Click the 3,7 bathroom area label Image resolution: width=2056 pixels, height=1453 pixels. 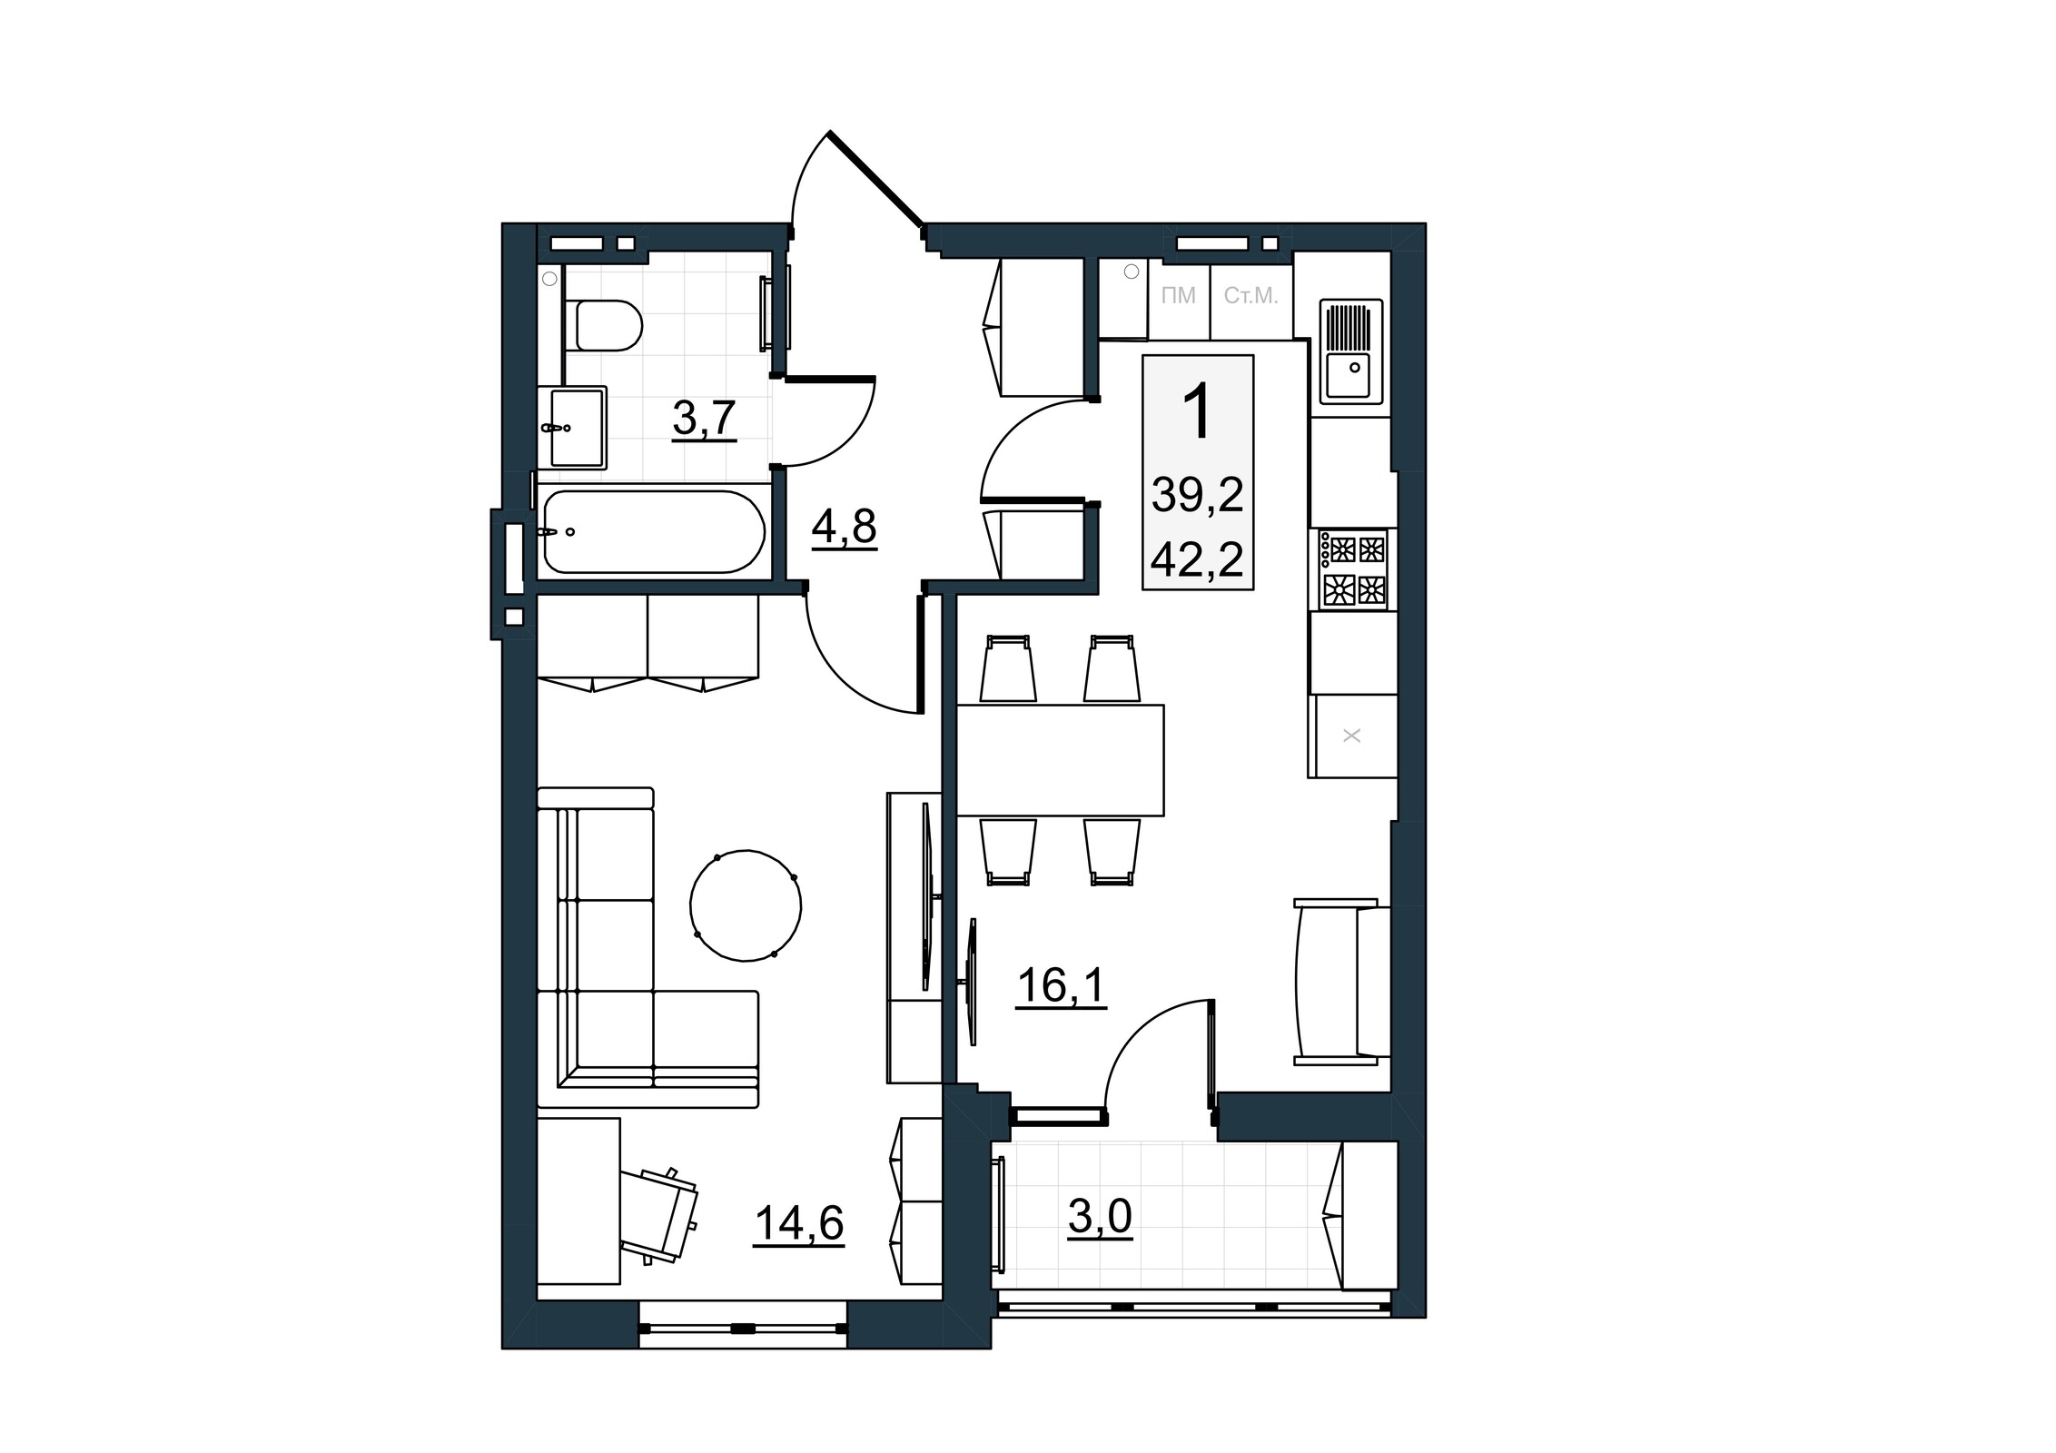704,420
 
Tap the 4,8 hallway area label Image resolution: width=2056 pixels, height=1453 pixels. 844,527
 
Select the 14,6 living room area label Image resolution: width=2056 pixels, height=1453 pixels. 799,1223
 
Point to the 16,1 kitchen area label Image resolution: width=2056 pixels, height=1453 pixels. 1062,985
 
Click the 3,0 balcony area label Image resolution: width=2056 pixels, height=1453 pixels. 1100,1218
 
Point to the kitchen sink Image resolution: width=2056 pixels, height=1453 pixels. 1350,351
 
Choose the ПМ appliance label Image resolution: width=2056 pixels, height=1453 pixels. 1179,296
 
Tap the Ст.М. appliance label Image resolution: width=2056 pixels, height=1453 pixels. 1250,296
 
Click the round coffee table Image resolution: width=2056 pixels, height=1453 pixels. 746,905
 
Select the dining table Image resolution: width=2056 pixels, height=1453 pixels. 1061,759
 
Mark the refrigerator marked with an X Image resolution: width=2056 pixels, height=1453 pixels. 1352,736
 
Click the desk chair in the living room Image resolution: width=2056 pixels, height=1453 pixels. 667,1215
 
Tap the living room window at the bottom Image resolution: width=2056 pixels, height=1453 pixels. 744,1328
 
